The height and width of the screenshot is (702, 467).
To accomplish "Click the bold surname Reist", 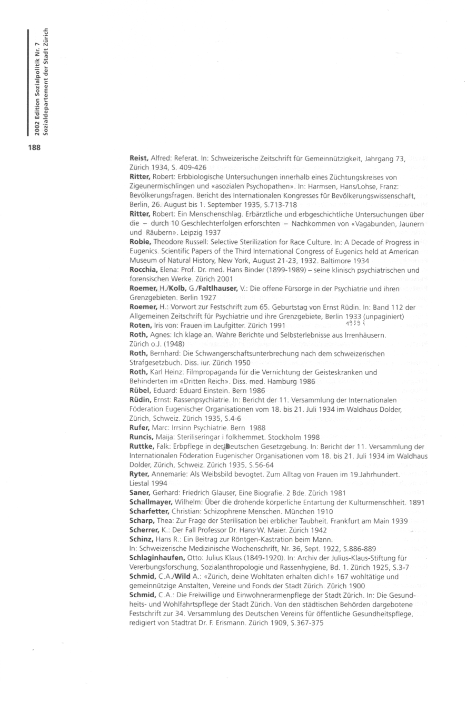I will tap(139, 158).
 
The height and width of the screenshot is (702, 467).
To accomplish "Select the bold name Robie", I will tap(141, 243).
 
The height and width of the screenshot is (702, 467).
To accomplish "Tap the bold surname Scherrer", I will tap(144, 529).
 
